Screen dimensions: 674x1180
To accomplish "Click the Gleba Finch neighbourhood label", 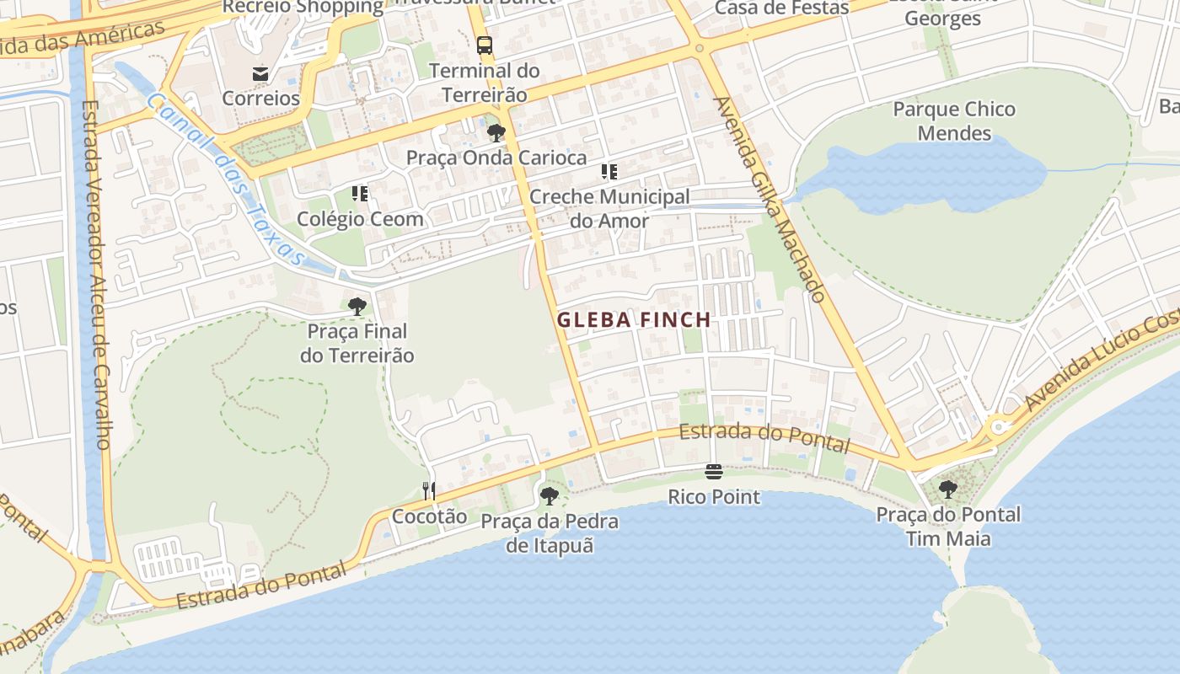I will (634, 320).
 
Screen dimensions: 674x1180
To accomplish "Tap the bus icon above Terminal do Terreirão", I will (484, 45).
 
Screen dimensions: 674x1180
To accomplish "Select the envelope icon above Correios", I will (260, 73).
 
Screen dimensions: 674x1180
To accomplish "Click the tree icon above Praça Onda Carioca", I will (496, 132).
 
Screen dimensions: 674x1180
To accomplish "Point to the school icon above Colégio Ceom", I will (361, 194).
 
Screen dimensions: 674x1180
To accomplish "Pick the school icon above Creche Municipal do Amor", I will (609, 172).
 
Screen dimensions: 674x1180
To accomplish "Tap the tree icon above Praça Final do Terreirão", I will (357, 306).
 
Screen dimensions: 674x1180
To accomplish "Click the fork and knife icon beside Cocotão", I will (429, 490).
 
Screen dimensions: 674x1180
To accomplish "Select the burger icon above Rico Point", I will (714, 472).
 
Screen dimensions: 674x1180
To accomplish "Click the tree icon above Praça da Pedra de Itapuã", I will (550, 496).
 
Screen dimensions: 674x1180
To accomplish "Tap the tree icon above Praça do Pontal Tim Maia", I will (948, 489).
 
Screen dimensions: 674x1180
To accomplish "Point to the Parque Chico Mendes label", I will (954, 121).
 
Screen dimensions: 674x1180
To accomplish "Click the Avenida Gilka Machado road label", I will (770, 200).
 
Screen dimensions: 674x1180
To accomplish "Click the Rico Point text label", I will (714, 497).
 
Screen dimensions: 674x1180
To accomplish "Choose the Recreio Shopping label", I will (303, 8).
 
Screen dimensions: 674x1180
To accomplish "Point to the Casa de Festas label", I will (781, 8).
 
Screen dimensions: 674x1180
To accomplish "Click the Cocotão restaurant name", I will (429, 516).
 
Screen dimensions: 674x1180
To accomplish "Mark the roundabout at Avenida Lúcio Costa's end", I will (1000, 426).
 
